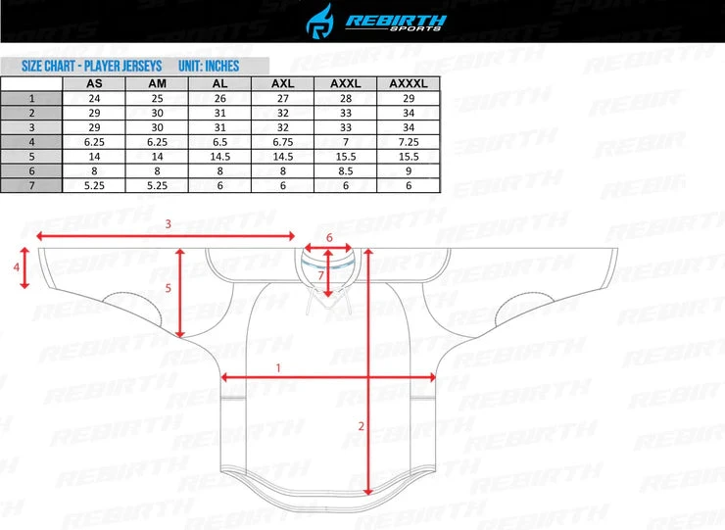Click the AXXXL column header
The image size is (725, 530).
click(x=409, y=83)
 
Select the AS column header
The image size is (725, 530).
click(x=94, y=83)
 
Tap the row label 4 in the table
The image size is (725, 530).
click(x=31, y=142)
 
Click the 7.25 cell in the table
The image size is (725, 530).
click(x=409, y=142)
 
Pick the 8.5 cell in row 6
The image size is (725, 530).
click(x=346, y=171)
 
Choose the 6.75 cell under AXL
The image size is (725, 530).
click(x=283, y=142)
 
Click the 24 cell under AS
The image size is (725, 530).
click(x=94, y=99)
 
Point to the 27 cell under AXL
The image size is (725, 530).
click(x=283, y=99)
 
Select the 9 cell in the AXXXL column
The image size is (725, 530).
click(x=409, y=171)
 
